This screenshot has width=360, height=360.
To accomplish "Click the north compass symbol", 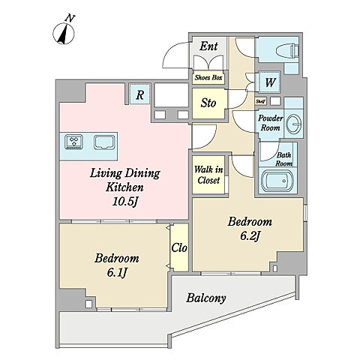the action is [x=64, y=31].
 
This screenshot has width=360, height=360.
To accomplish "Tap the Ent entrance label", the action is [x=208, y=46].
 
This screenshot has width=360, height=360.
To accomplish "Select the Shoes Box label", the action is [x=208, y=77].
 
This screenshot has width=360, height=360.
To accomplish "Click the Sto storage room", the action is [x=209, y=103].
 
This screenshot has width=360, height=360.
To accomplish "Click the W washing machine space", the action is [x=269, y=82].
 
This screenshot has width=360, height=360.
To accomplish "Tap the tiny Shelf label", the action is [x=261, y=101].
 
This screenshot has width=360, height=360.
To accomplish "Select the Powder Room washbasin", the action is [x=293, y=124].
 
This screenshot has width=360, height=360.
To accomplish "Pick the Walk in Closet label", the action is [x=208, y=175].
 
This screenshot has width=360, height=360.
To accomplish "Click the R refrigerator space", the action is [x=140, y=94].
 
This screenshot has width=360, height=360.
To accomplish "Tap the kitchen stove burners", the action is [x=73, y=142].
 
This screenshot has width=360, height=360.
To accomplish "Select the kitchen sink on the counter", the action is [x=104, y=142].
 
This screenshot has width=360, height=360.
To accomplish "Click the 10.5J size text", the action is [x=125, y=202].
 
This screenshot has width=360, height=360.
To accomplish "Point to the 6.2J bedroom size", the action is [x=250, y=236].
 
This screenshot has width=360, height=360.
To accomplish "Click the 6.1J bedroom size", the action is [x=117, y=273].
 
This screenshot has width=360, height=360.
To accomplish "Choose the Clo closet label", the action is [x=179, y=248].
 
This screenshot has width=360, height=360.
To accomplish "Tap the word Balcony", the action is [x=206, y=298].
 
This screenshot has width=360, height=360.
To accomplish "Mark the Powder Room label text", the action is [x=271, y=123].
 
